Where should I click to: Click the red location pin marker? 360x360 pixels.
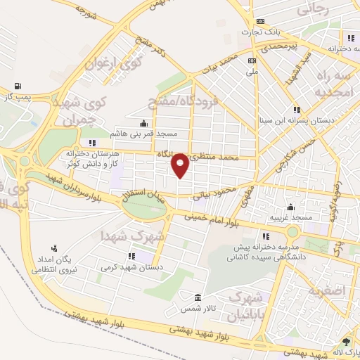pyautogui.click(x=180, y=165)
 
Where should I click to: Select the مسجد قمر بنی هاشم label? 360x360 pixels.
pyautogui.click(x=144, y=132)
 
